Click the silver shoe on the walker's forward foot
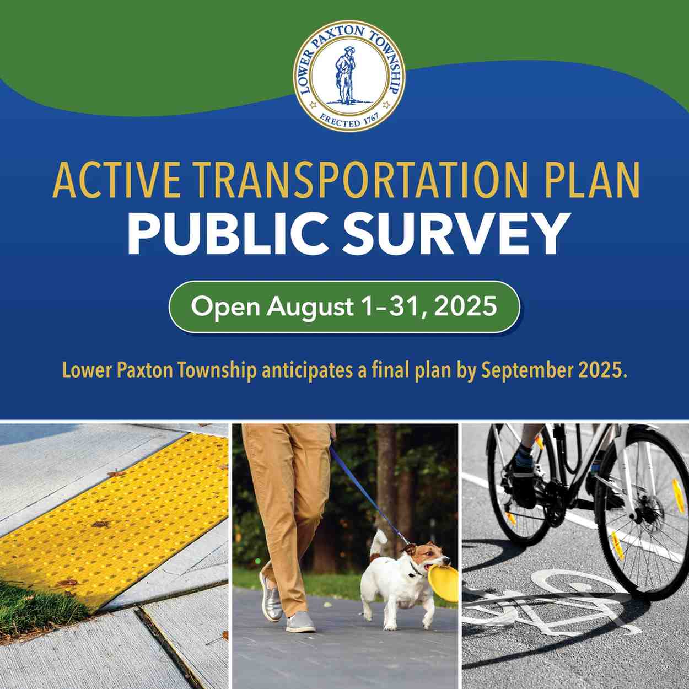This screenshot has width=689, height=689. pyautogui.click(x=271, y=599)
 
